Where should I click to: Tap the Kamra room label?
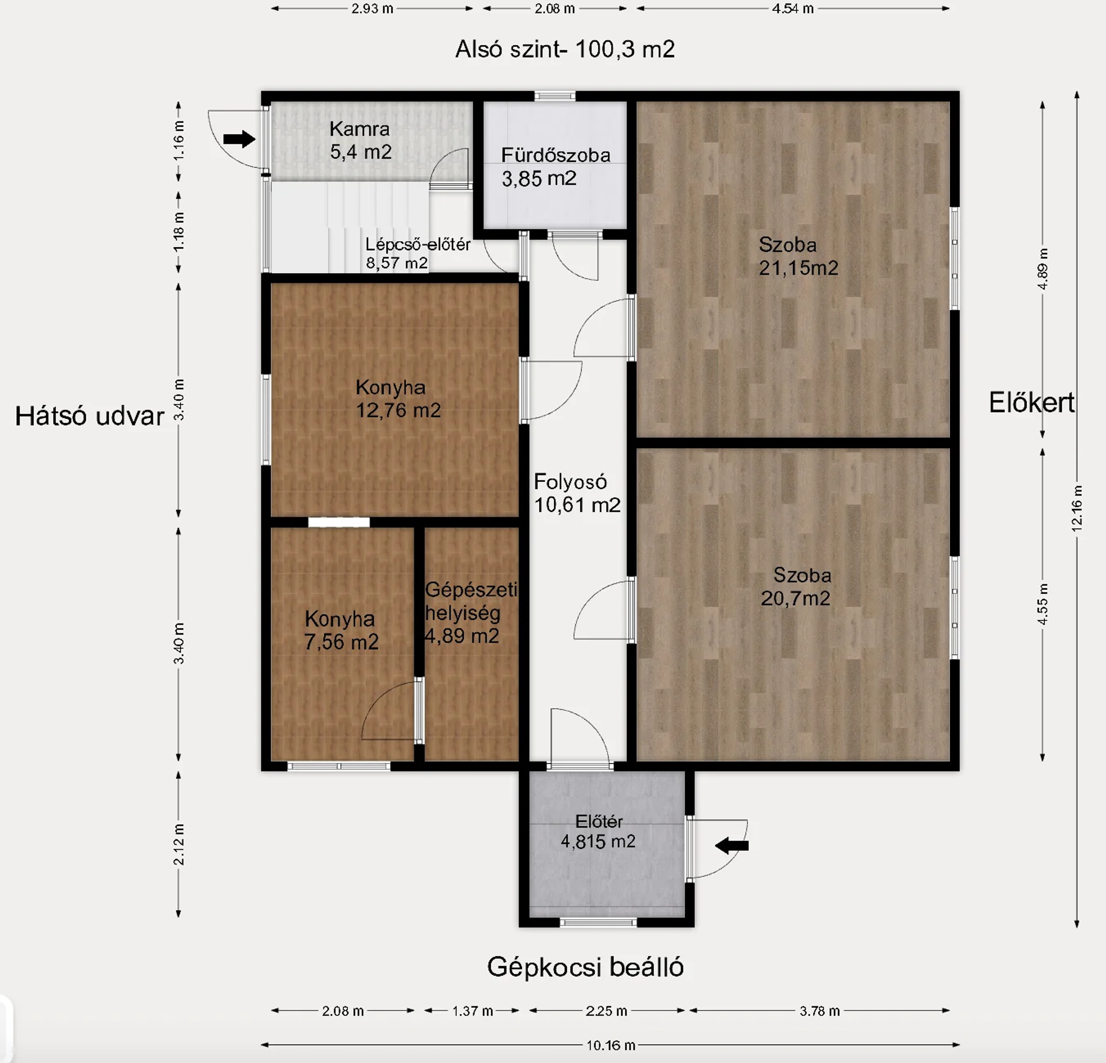pos(360,140)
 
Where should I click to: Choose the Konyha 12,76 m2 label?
pos(398,399)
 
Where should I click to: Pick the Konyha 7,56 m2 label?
pos(341,630)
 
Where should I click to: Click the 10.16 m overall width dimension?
pos(611,1045)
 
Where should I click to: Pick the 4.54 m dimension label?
pos(793,8)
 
